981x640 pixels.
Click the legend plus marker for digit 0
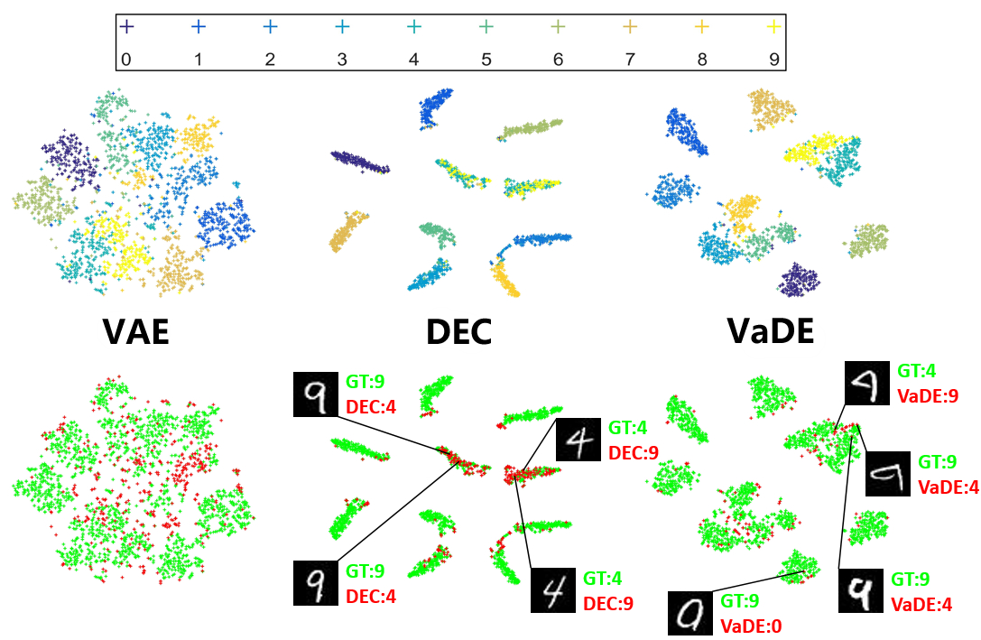126,27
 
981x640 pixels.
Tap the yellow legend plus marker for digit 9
774,27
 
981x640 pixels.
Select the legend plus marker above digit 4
414,27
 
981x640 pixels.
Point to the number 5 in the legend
486,60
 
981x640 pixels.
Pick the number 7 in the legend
630,60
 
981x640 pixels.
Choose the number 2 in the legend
270,60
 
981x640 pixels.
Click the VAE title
136,331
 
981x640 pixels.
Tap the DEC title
458,331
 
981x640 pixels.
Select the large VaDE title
771,330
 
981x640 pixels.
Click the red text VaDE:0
751,626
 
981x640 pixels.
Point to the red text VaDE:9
928,396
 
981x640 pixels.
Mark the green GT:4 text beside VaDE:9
917,371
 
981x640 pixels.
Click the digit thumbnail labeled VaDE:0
690,613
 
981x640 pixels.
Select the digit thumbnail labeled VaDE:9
867,383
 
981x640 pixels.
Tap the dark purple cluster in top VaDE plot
799,280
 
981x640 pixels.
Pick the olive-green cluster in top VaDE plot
866,240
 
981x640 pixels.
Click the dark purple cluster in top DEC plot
360,162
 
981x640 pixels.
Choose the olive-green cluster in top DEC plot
531,129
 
